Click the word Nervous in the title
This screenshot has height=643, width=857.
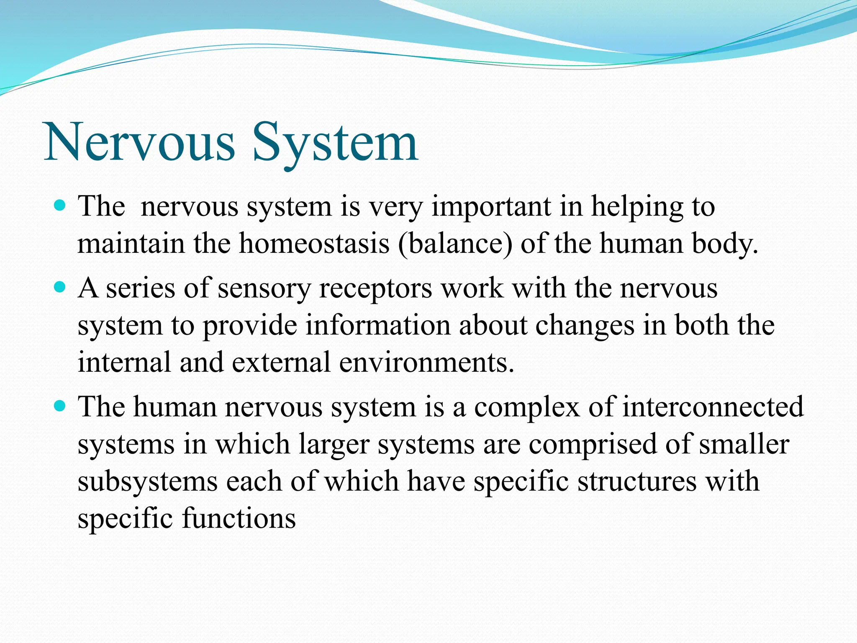click(x=140, y=142)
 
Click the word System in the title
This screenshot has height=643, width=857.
click(x=335, y=142)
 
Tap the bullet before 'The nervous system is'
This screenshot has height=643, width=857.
click(x=61, y=206)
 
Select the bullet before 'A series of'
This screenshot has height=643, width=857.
click(x=61, y=288)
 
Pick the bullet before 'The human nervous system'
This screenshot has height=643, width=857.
click(x=61, y=406)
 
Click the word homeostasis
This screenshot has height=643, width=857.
click(x=314, y=244)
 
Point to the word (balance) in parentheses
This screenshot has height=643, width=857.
click(x=455, y=244)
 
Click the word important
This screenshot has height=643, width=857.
click(x=491, y=207)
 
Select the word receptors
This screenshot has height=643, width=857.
click(x=375, y=289)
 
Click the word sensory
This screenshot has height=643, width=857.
click(x=264, y=289)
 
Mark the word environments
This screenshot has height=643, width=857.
click(x=426, y=363)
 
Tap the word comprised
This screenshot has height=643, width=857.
click(x=593, y=444)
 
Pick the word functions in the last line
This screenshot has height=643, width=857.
click(x=239, y=518)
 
